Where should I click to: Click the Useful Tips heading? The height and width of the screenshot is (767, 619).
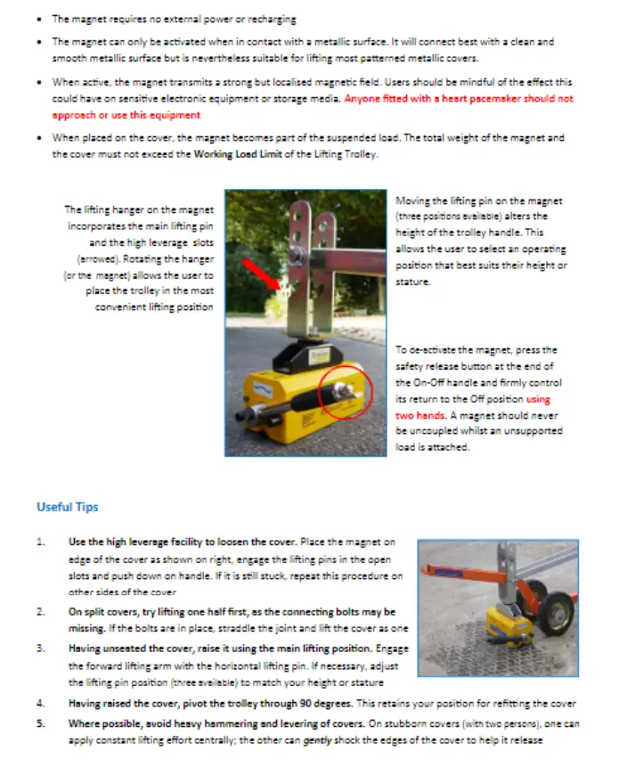pyautogui.click(x=67, y=507)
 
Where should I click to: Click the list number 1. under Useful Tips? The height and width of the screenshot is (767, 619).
pyautogui.click(x=40, y=542)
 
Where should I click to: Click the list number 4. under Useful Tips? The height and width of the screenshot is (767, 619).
pyautogui.click(x=40, y=704)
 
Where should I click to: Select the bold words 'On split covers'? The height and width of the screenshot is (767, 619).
pyautogui.click(x=99, y=612)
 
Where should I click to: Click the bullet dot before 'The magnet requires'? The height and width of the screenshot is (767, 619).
pyautogui.click(x=41, y=19)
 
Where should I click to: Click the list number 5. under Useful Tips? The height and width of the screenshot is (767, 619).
pyautogui.click(x=40, y=722)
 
